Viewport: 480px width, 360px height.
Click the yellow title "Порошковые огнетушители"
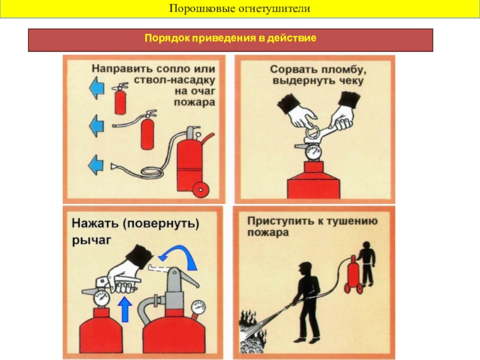(239, 8)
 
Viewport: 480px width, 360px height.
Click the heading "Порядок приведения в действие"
(230, 38)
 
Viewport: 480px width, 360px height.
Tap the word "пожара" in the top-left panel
(194, 102)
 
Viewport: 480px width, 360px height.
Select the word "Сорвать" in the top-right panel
(292, 70)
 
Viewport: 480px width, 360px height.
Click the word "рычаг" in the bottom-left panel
(92, 241)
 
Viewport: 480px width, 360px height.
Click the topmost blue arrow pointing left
(97, 88)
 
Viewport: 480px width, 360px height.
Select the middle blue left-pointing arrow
(97, 125)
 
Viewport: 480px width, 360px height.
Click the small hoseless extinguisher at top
(120, 98)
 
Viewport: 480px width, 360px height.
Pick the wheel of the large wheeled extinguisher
(201, 190)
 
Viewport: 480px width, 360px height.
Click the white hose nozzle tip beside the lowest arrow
(114, 166)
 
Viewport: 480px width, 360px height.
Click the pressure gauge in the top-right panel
(313, 152)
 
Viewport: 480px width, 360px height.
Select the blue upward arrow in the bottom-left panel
(125, 309)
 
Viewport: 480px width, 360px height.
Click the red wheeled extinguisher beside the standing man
(354, 274)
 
